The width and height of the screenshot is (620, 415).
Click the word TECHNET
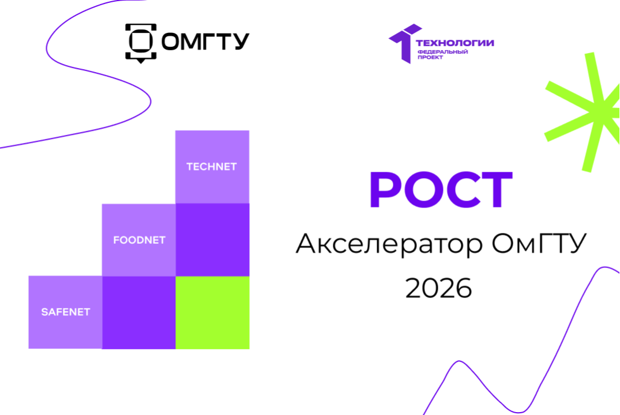pyautogui.click(x=212, y=167)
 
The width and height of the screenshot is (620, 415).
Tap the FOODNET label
pyautogui.click(x=139, y=240)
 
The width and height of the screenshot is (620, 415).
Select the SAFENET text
pyautogui.click(x=65, y=312)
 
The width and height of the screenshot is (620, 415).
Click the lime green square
pyautogui.click(x=212, y=312)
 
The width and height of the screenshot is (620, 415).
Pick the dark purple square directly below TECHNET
pyautogui.click(x=212, y=240)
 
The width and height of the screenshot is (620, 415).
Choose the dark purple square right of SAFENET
pyautogui.click(x=139, y=312)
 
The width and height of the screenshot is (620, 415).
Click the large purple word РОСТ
pyautogui.click(x=440, y=190)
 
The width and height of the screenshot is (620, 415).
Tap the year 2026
pyautogui.click(x=438, y=288)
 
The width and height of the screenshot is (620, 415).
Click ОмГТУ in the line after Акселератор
pyautogui.click(x=539, y=245)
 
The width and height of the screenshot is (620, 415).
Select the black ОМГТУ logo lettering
pyautogui.click(x=205, y=42)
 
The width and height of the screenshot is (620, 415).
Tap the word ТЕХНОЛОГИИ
pyautogui.click(x=455, y=43)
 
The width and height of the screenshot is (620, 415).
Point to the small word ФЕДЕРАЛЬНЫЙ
pyautogui.click(x=442, y=52)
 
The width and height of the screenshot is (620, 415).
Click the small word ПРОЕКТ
pyautogui.click(x=430, y=58)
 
